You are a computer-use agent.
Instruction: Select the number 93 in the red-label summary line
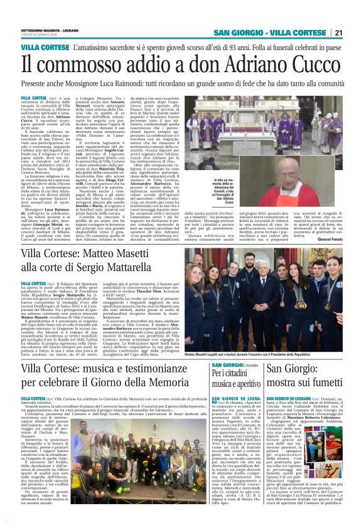point(245,48)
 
